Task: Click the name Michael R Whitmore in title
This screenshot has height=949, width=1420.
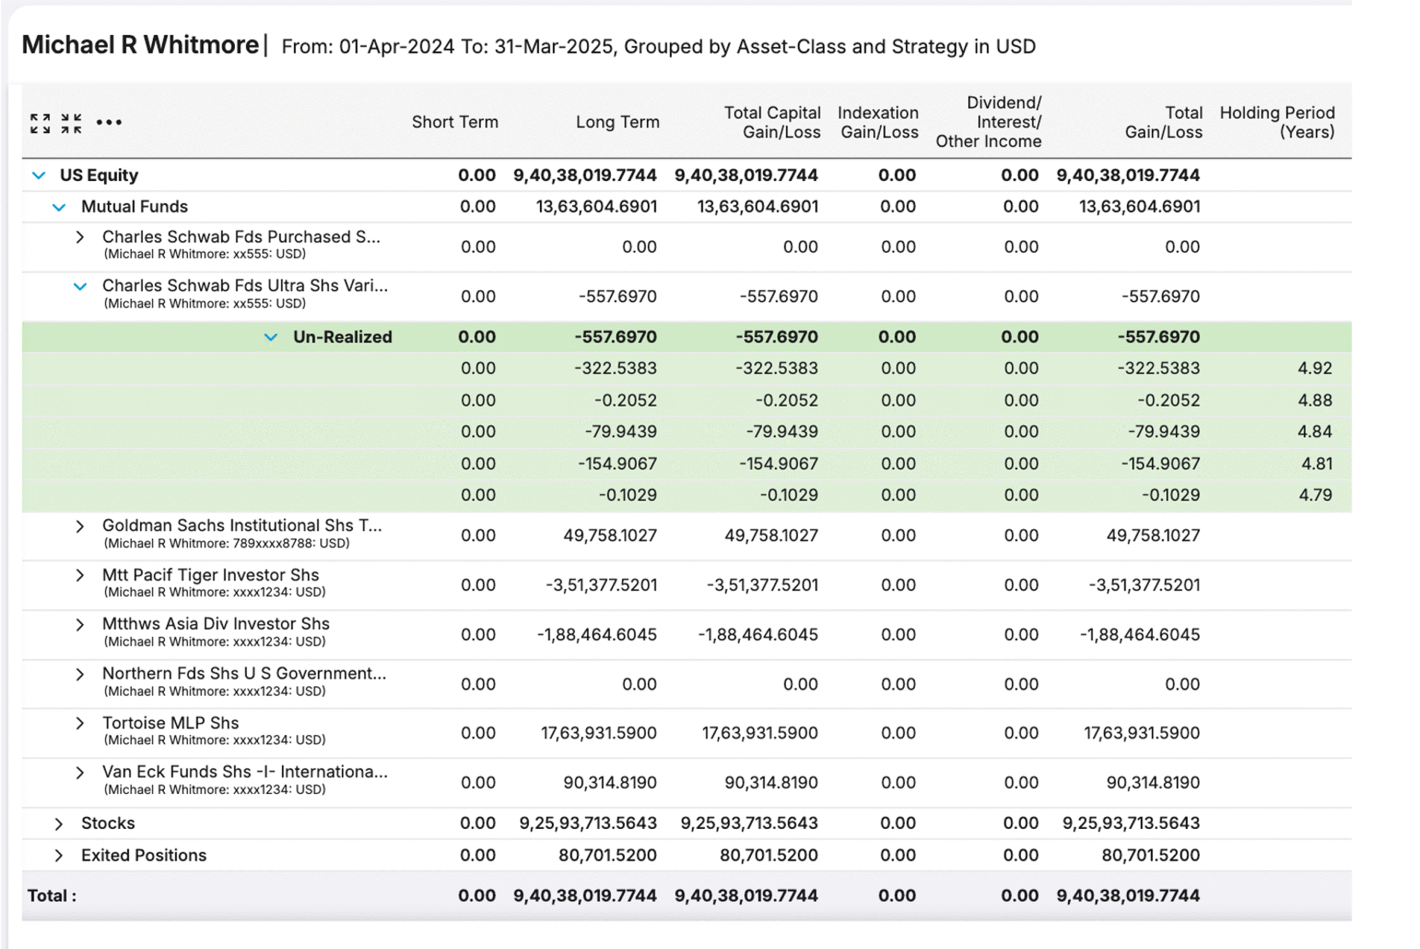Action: click(140, 45)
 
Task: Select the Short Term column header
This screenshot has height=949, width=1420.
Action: click(455, 123)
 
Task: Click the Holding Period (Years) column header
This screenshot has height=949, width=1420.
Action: click(1276, 123)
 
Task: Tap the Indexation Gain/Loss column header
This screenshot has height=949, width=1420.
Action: click(878, 123)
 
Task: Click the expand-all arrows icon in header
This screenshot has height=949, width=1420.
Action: click(40, 123)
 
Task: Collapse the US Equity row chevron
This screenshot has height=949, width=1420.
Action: click(39, 176)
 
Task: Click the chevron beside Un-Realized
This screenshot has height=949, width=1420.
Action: click(271, 337)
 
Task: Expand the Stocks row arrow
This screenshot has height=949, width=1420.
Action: click(59, 824)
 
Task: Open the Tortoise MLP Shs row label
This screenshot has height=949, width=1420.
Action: click(170, 723)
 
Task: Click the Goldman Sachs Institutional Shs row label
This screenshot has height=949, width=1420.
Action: click(242, 525)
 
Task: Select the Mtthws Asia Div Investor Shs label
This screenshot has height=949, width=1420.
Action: click(216, 624)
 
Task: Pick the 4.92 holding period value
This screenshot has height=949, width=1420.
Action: click(1314, 369)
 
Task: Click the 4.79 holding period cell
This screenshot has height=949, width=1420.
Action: click(1315, 495)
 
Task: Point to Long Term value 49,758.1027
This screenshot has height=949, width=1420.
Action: click(610, 535)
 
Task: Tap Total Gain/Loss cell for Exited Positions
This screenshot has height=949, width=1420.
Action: click(1150, 855)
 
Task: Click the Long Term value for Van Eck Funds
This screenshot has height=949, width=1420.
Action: click(610, 783)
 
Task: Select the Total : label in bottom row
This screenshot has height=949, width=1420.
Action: click(52, 896)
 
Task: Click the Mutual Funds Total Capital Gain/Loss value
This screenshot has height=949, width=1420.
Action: click(757, 207)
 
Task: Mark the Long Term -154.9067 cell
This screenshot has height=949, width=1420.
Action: click(617, 463)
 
